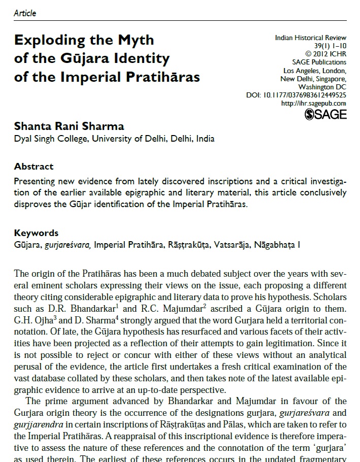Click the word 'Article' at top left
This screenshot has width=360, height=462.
[x=25, y=13]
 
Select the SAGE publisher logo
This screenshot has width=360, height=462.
[x=325, y=114]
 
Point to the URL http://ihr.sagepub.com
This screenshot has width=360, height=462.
[x=313, y=103]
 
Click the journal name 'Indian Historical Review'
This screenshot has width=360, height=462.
[x=310, y=38]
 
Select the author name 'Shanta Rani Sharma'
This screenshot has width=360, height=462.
[x=69, y=126]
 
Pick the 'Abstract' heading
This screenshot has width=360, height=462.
[x=34, y=167]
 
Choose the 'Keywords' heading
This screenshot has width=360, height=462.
[x=36, y=233]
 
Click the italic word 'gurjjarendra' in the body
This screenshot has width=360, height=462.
[x=36, y=414]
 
